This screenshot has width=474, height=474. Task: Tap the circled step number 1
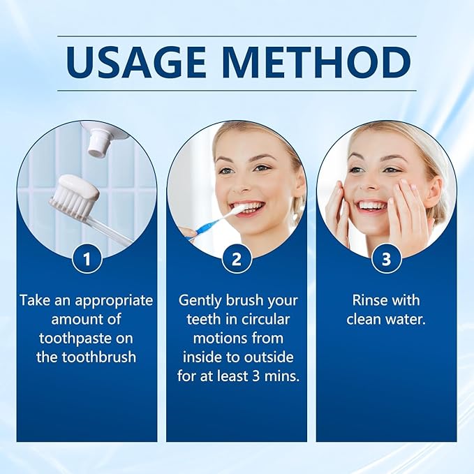(87, 260)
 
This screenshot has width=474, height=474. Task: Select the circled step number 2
(237, 260)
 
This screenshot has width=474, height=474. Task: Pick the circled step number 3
(386, 260)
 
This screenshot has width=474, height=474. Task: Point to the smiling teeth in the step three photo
(371, 206)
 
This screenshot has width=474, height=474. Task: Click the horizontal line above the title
(237, 36)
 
